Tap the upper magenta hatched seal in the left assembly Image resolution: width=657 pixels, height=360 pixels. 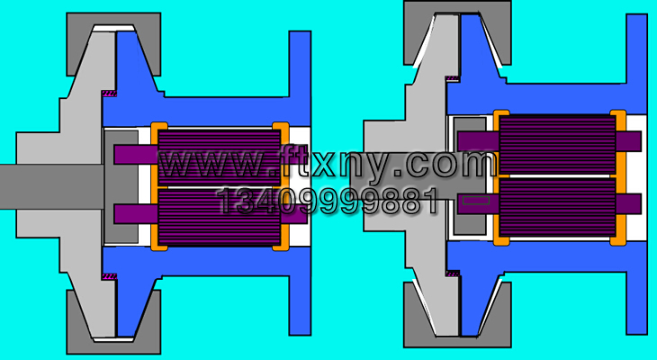110,93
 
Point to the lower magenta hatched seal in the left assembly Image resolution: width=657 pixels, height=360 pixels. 110,276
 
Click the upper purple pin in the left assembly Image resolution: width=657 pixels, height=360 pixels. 135,154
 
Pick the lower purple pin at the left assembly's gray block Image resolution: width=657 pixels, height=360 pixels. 135,213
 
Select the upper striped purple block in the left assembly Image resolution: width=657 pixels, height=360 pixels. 219,158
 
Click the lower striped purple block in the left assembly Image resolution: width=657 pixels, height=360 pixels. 219,218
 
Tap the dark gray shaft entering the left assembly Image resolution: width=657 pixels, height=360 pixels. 51,186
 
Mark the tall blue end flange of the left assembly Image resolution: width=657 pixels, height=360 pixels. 300,183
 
